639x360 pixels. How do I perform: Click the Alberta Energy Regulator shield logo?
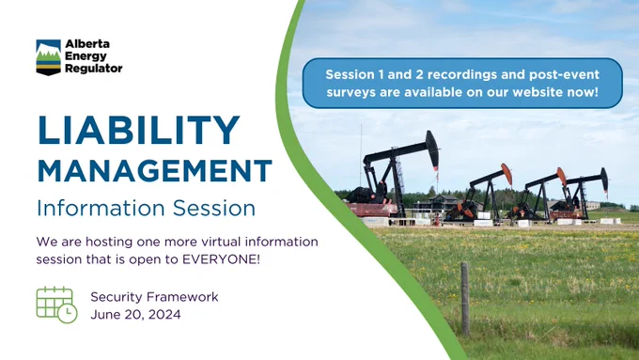(x=49, y=57)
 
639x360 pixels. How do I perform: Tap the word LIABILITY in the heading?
(x=138, y=130)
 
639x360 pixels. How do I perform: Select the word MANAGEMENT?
(x=154, y=171)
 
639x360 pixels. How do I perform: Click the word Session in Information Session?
(x=214, y=208)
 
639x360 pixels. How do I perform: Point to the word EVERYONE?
(x=221, y=259)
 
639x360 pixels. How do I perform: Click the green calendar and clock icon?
(x=56, y=305)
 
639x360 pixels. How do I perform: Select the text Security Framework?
(x=154, y=297)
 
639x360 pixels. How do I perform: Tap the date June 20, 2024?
(x=135, y=315)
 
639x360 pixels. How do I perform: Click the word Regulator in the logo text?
(x=94, y=69)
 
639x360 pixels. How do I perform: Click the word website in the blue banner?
(x=538, y=92)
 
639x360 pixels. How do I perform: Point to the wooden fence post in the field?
(x=465, y=299)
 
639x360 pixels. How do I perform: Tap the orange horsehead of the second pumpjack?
(x=507, y=174)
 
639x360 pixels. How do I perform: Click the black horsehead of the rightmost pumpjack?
(x=604, y=180)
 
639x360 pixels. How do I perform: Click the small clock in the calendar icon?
(x=68, y=313)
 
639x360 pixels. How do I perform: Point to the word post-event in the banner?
(x=565, y=75)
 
